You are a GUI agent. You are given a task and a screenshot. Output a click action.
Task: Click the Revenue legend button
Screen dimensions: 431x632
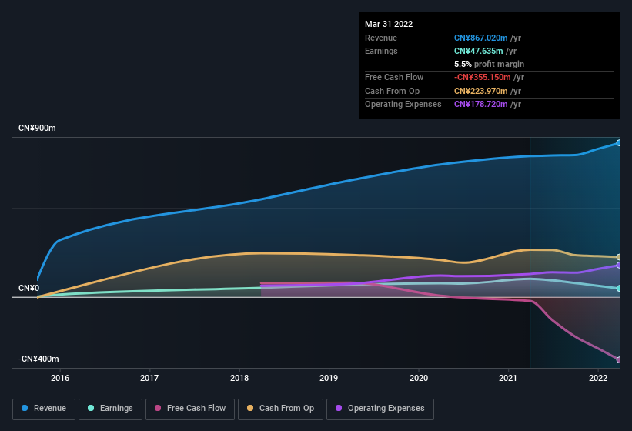45,408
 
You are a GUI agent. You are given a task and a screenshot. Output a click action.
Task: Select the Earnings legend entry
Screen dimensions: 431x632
110,408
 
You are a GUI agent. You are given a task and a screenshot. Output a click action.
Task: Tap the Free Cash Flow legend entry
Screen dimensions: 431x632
190,408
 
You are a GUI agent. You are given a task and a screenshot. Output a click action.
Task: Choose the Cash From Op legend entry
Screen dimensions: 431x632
280,408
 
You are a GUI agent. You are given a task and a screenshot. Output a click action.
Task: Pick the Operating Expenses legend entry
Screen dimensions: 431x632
380,408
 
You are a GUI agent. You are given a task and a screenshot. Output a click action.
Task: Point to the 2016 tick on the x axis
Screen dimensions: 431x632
60,378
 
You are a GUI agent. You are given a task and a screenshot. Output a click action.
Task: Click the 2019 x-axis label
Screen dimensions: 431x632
329,378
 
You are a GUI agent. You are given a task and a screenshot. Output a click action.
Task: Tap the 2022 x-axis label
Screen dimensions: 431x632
598,378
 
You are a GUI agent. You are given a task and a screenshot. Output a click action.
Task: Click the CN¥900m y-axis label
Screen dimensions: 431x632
37,128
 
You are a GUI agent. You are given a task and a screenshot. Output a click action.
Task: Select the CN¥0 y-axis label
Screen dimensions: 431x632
28,289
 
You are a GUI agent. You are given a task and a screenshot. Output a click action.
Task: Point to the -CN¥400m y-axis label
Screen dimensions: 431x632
38,359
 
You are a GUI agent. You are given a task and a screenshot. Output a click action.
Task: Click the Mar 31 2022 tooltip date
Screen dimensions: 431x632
389,24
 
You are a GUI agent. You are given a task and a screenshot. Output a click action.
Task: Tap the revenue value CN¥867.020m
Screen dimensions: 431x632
481,38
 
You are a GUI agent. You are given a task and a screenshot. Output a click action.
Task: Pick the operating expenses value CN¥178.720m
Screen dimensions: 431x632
481,104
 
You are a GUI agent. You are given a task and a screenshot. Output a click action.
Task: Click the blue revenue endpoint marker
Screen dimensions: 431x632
619,143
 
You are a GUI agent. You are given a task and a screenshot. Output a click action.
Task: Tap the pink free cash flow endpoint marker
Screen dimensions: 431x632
619,360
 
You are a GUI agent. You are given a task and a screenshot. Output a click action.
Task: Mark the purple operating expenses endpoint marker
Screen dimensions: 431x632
619,266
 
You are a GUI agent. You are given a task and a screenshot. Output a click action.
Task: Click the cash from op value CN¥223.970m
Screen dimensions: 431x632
481,91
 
